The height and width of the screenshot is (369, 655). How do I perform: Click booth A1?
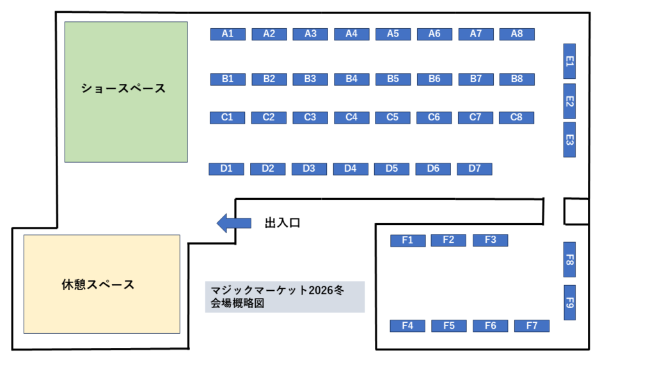(x=228, y=34)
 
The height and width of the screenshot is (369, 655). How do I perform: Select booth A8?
(x=517, y=34)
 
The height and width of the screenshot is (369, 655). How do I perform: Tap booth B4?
(x=351, y=79)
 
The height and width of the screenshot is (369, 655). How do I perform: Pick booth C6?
(x=434, y=117)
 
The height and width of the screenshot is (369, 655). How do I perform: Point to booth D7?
(x=475, y=168)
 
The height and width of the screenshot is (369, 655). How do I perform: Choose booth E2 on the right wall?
(x=569, y=101)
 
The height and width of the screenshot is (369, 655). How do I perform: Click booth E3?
(x=569, y=140)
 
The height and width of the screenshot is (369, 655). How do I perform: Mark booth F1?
(x=407, y=240)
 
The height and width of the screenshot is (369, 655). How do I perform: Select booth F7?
(x=532, y=325)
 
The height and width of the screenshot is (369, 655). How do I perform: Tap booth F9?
(x=569, y=302)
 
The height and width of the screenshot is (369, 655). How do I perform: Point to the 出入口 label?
(x=282, y=224)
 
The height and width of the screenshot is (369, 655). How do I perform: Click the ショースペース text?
(x=123, y=88)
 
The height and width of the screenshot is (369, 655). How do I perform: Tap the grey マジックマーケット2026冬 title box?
(x=285, y=297)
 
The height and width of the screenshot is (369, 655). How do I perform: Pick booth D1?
(x=226, y=168)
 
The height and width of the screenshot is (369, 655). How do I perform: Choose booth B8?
(x=517, y=79)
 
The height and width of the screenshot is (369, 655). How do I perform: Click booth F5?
(x=449, y=325)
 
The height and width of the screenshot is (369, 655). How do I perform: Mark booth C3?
(x=310, y=117)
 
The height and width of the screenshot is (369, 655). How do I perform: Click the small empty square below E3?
(x=576, y=211)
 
